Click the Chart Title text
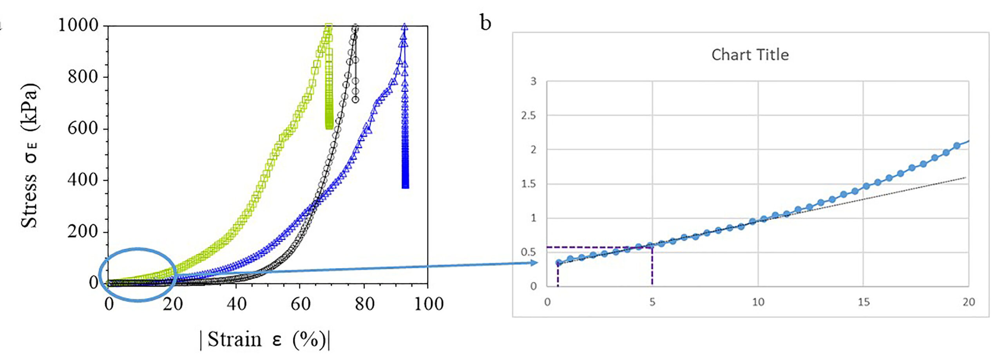pos(750,55)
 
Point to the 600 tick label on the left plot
pos(83,128)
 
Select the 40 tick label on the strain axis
pos(236,304)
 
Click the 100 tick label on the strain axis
pos(429,304)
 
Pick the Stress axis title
pos(30,156)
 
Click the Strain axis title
pos(265,339)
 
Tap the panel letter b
pos(485,23)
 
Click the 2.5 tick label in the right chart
pos(528,116)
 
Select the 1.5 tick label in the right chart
pos(528,184)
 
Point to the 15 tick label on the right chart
pos(864,302)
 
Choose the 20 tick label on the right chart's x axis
pos(969,302)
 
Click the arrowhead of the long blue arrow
pos(534,263)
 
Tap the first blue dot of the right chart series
pos(559,263)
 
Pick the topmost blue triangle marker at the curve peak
pos(404,27)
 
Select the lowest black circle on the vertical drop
pos(355,99)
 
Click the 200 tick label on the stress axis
pos(83,231)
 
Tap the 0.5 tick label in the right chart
pos(528,252)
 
